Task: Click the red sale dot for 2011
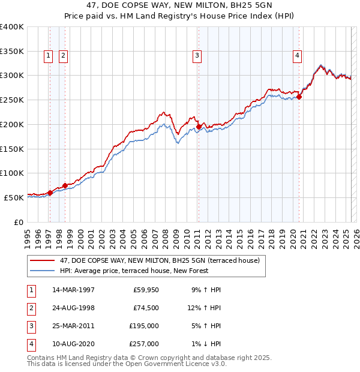(x=199, y=127)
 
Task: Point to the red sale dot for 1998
(x=65, y=185)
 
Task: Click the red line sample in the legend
(x=42, y=260)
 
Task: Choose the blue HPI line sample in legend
(x=42, y=271)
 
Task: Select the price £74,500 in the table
(x=146, y=308)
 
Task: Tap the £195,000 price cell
(x=144, y=326)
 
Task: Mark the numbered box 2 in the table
(x=30, y=308)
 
